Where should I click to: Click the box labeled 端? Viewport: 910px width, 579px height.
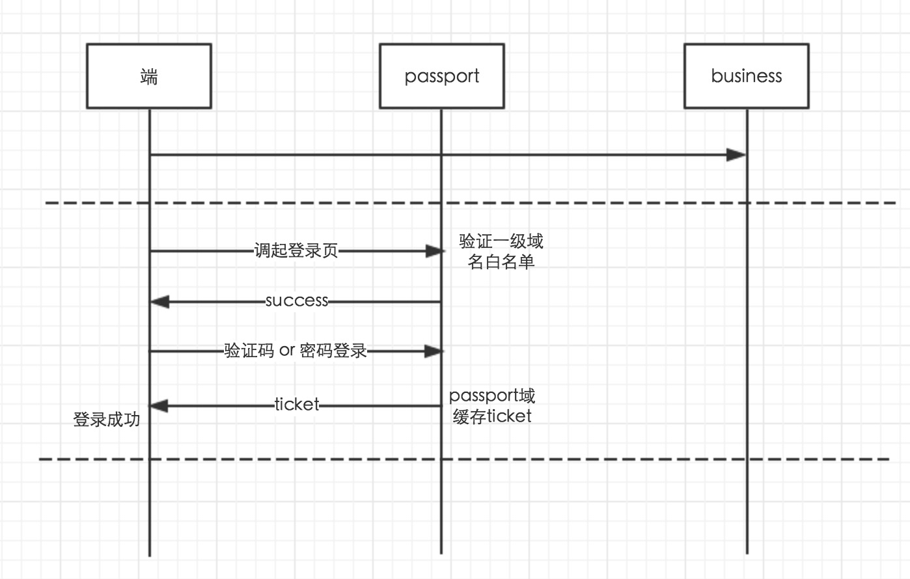[x=149, y=76]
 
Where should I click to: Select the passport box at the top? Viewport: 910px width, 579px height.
[x=441, y=76]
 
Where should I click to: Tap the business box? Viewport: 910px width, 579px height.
[x=746, y=76]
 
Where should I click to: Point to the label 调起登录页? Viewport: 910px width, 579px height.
[x=296, y=251]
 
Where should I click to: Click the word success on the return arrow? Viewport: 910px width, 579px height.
[x=296, y=301]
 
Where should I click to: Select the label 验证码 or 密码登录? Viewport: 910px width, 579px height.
[x=296, y=351]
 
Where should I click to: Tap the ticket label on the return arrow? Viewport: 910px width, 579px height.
[x=297, y=405]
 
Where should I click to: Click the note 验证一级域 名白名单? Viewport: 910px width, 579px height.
[x=501, y=251]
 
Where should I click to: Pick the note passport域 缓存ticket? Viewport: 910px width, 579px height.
[x=492, y=406]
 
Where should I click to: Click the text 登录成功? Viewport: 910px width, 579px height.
[x=106, y=420]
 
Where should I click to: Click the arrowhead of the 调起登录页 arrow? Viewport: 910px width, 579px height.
[x=434, y=251]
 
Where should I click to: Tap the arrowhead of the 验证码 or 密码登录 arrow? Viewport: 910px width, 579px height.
[x=434, y=351]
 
